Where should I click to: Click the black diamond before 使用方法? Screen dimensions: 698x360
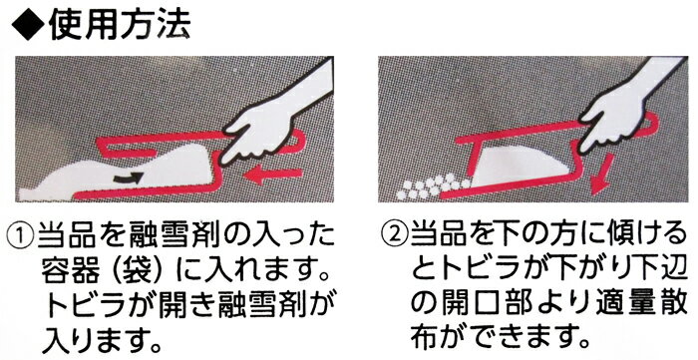click(28, 27)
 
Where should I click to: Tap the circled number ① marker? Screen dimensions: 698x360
click(21, 234)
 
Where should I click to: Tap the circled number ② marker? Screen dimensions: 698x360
click(395, 234)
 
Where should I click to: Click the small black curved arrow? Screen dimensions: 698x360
click(129, 178)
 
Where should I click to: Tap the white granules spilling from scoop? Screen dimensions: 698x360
click(432, 186)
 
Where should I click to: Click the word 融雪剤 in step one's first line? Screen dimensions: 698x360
click(169, 235)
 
